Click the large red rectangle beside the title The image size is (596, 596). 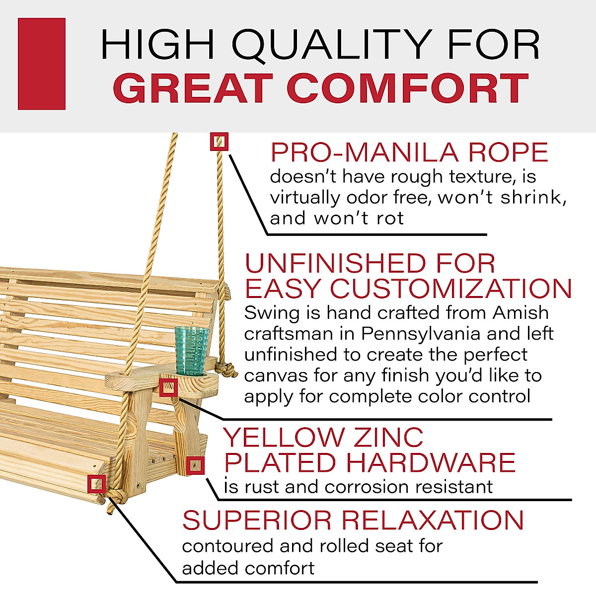click(x=42, y=64)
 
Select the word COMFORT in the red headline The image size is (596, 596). click(x=407, y=88)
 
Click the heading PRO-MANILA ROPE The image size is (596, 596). click(x=409, y=152)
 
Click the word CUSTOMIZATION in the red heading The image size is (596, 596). click(x=451, y=288)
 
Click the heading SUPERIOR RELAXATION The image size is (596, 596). click(x=353, y=520)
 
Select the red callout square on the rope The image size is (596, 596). click(x=219, y=142)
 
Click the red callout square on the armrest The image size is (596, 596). click(x=168, y=387)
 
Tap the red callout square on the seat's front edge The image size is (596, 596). click(x=96, y=483)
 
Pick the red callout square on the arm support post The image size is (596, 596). click(x=196, y=465)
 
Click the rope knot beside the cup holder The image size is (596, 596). click(x=227, y=370)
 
